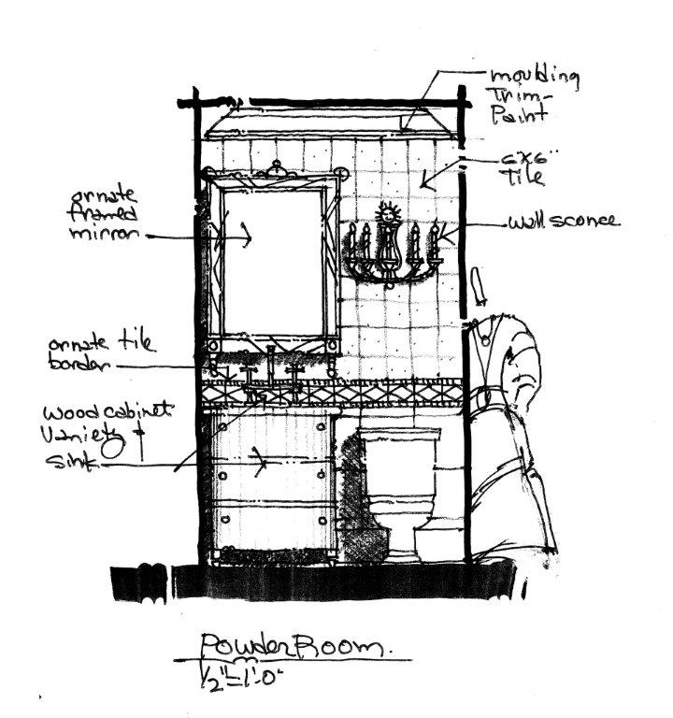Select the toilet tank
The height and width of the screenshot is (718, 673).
[401, 464]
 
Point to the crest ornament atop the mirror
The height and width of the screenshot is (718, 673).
[278, 170]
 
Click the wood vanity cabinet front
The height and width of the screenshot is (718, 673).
[271, 486]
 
